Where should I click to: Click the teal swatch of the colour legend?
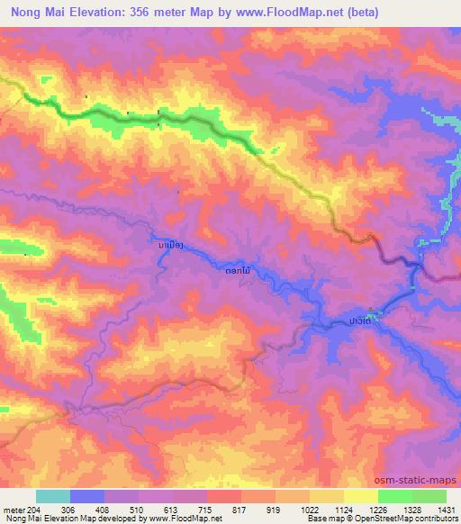point(53,496)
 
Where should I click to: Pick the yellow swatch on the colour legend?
point(360,496)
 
